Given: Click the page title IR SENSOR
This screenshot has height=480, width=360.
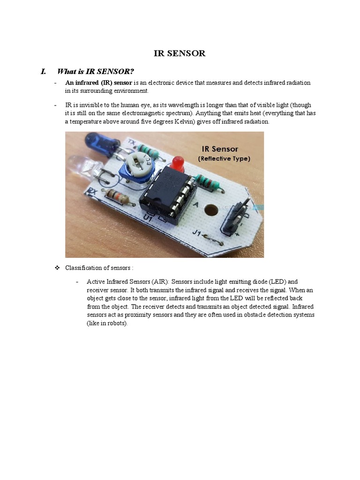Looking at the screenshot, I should (x=180, y=53).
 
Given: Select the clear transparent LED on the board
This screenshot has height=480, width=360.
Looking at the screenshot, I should (x=82, y=167).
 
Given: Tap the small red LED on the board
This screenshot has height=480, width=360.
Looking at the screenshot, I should (x=178, y=163).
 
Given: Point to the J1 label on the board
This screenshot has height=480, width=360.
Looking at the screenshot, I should (x=199, y=232).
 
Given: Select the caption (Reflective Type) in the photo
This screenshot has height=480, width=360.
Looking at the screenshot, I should (x=224, y=159).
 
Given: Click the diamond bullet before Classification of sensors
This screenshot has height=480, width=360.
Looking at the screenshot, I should (x=57, y=268).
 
